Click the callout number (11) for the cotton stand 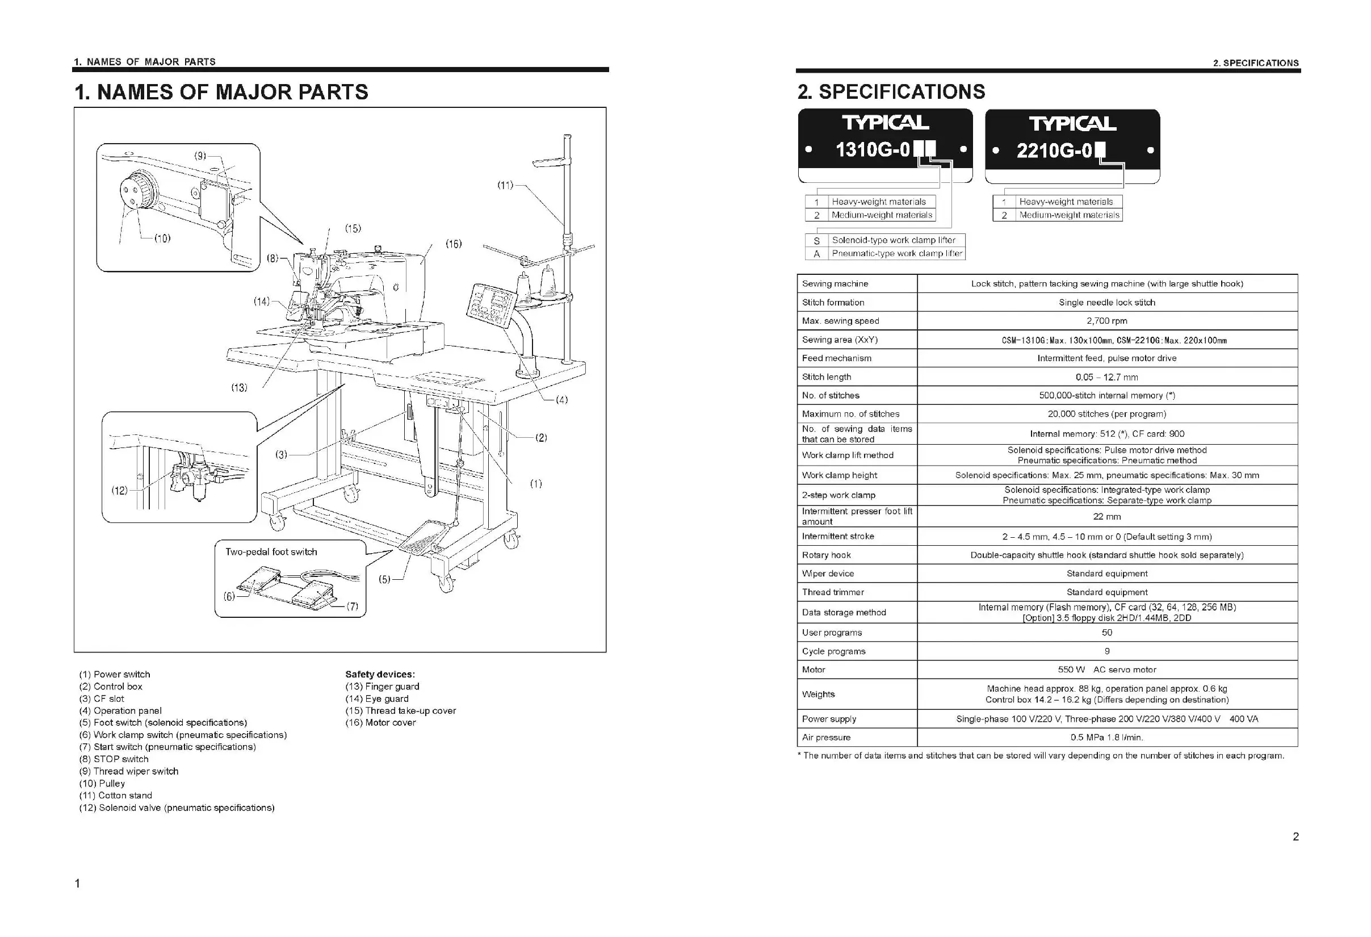click(505, 185)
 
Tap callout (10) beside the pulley click(162, 239)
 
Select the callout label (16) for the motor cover click(453, 244)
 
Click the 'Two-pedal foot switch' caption click(271, 552)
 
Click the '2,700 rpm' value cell click(1106, 321)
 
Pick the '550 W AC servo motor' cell click(1106, 670)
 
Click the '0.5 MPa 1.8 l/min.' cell click(1106, 738)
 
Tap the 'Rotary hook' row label click(826, 555)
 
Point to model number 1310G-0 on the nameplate click(873, 150)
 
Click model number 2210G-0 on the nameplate click(1054, 151)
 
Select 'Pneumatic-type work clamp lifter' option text click(897, 254)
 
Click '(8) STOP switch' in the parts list click(114, 759)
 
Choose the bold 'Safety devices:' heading click(380, 675)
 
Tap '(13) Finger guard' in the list click(382, 687)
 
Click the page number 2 click(1295, 836)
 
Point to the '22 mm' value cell click(1106, 517)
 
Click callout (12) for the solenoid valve click(119, 490)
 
